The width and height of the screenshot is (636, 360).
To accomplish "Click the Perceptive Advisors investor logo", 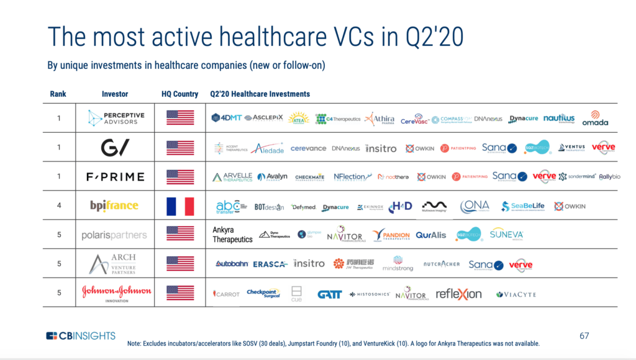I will tap(116, 117).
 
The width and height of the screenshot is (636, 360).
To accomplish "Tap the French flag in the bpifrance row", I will tap(180, 206).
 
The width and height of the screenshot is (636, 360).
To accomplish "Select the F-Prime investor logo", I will tap(115, 177).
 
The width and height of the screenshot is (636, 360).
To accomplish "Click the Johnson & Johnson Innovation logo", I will tap(116, 292).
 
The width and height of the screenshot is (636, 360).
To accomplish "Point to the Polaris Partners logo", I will tap(114, 235).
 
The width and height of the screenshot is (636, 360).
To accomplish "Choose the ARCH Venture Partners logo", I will tap(112, 264).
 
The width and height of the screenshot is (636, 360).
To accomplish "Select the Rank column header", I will tap(58, 94).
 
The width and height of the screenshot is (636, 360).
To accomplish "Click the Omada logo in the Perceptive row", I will tap(595, 119).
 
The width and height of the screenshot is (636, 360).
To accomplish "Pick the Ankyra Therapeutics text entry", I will tap(232, 235).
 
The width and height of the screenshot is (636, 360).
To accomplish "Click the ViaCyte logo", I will tap(516, 294).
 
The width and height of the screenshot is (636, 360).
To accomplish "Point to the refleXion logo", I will tap(458, 294).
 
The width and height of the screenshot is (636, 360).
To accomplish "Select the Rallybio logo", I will tap(609, 177).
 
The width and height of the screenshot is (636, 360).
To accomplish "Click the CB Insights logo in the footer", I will tap(81, 336).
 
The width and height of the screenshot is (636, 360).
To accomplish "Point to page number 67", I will tap(584, 336).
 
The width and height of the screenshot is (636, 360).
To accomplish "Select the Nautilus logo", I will tap(559, 118).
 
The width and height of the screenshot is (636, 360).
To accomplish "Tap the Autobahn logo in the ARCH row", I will tap(232, 264).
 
